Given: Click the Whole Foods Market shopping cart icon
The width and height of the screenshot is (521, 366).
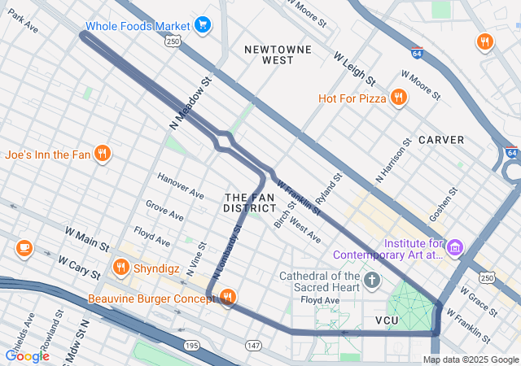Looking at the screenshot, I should (203, 25).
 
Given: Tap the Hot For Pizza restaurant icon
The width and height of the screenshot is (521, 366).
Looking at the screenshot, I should (398, 98).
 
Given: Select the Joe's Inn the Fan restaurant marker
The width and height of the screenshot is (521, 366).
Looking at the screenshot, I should (102, 154).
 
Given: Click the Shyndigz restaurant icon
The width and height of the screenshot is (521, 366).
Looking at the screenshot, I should (121, 267).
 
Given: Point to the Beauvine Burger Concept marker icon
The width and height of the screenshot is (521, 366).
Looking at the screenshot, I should (227, 298).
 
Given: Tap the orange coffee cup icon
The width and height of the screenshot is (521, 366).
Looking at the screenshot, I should (24, 248).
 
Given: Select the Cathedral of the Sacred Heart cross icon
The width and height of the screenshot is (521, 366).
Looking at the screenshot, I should (372, 281).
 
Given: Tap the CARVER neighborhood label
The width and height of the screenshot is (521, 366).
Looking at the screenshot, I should (441, 140).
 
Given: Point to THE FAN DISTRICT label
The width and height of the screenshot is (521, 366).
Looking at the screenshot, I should (249, 203).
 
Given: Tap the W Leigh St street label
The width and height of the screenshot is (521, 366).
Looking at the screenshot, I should (354, 69).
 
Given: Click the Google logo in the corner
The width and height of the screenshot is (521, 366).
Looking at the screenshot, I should (27, 355).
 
